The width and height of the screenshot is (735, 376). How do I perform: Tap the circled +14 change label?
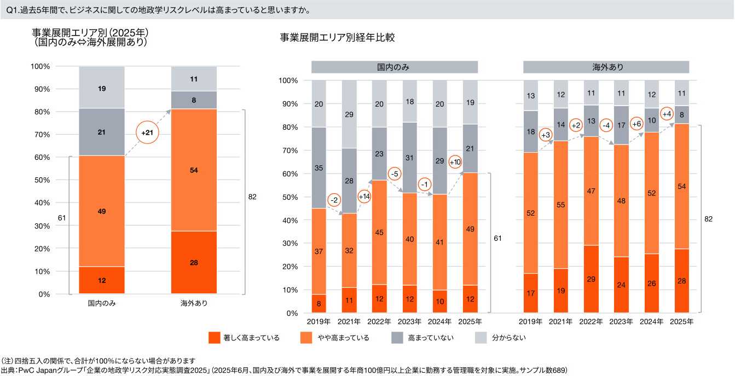pos(364,196)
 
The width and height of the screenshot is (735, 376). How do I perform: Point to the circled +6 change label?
pos(636,124)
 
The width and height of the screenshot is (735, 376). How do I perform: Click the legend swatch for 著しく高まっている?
pos(216,338)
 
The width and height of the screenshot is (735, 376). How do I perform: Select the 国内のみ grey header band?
pos(394,67)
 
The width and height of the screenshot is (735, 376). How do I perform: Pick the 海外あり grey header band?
pos(606,67)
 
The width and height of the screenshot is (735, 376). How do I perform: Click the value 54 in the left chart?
pos(194,170)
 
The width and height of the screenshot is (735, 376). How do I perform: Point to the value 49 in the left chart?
pos(102,211)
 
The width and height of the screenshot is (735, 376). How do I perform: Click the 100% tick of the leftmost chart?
pos(41,66)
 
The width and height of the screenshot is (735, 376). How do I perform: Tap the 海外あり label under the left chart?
pos(194,303)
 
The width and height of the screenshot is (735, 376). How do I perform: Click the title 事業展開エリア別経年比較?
pos(337,38)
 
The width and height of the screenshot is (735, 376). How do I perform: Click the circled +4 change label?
pos(667,114)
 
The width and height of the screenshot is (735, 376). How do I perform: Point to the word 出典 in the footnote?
pos(8,371)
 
